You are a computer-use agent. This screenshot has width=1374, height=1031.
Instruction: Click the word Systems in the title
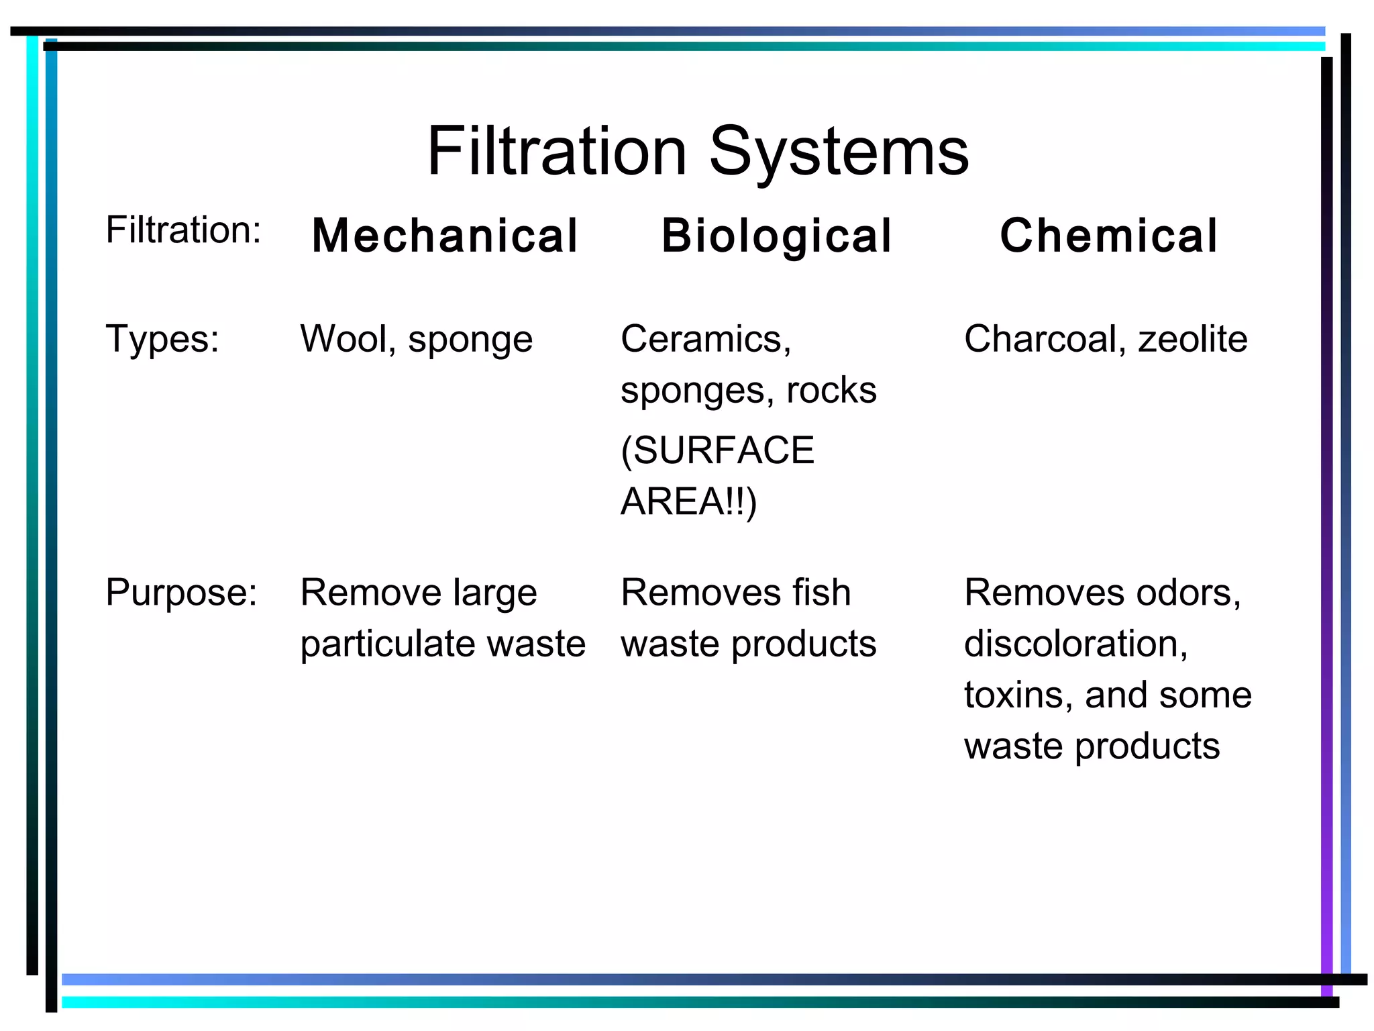839,152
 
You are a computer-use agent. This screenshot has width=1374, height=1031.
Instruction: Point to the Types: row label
162,339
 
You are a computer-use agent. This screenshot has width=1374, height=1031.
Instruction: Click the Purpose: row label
181,593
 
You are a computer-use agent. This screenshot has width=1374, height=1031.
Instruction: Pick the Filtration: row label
183,230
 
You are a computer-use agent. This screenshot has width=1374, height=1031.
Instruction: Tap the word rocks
831,390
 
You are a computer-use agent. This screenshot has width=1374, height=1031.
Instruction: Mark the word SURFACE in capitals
723,450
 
